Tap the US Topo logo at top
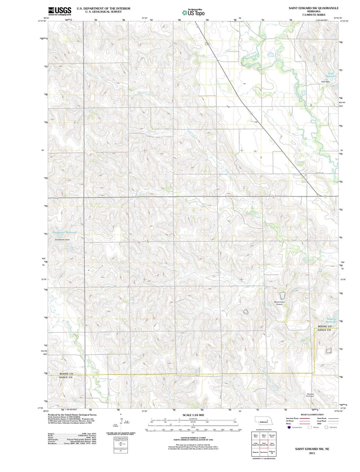tap(193, 13)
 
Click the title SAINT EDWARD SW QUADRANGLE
tap(313, 8)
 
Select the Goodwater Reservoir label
tap(64, 232)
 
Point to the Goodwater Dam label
tap(62, 240)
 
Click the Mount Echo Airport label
tap(279, 303)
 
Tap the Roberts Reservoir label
tap(331, 320)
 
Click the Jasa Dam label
tap(325, 81)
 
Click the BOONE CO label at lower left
tap(66, 374)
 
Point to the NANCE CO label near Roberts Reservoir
tap(324, 330)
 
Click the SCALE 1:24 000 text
tap(193, 415)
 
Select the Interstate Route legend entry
tap(292, 418)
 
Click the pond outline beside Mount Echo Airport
tap(282, 295)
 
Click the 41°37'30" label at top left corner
tap(42, 21)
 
